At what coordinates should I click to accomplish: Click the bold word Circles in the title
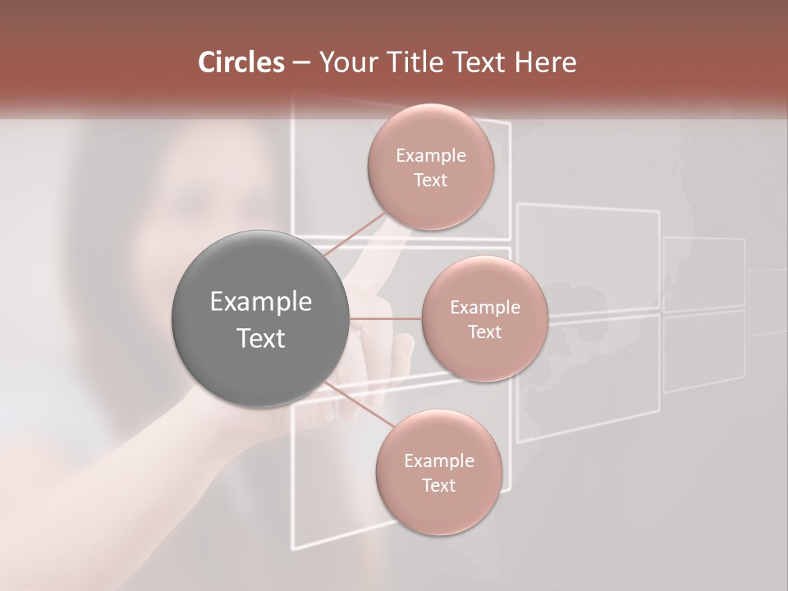[241, 62]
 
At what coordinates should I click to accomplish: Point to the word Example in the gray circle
[261, 302]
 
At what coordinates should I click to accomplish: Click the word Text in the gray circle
[261, 338]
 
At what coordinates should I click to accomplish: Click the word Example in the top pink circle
[430, 156]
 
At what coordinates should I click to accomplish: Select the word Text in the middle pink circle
[484, 332]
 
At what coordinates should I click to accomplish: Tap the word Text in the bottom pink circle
[438, 486]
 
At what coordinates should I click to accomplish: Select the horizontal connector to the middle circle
[386, 318]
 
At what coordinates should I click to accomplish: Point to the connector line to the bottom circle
[361, 406]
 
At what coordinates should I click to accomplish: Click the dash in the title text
[300, 63]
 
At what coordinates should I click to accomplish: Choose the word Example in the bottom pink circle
[438, 461]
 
